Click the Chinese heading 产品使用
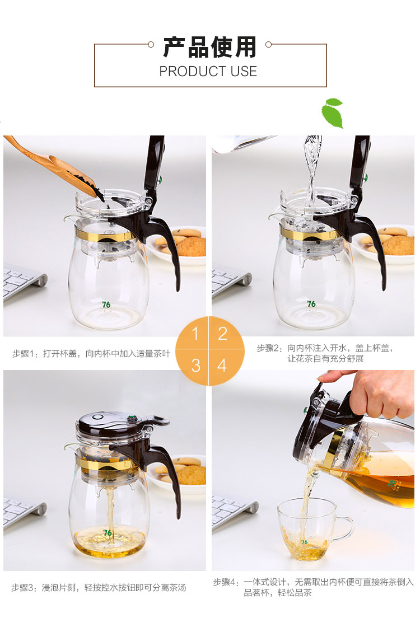pos(210,47)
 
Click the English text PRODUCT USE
pos(208,71)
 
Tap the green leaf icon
pos(333,113)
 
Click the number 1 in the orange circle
pos(195,334)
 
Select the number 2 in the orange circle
pos(223,334)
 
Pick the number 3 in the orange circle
pos(195,366)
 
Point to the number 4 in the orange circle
pos(222,366)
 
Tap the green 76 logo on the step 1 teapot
pos(106,305)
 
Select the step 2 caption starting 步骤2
pos(325,353)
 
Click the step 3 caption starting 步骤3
pos(99,588)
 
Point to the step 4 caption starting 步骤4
pos(314,587)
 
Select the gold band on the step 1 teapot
pos(105,236)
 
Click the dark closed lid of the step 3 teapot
pos(114,422)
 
